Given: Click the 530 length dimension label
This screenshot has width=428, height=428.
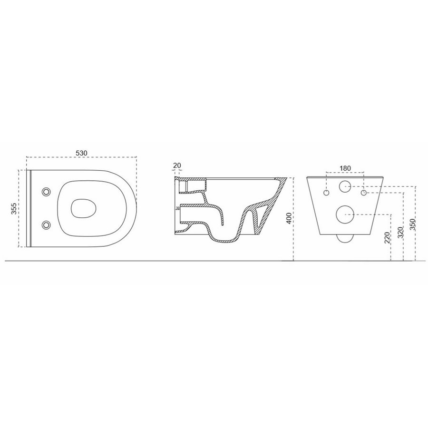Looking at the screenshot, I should [81, 153].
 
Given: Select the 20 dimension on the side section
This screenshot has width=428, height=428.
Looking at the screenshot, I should [177, 165].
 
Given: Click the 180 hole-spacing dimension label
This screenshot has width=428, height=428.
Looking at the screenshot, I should [345, 168].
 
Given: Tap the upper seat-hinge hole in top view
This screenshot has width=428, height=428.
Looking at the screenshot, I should [46, 192].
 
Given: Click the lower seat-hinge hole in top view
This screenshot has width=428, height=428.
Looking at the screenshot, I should [46, 224].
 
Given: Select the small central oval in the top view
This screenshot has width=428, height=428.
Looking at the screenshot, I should [83, 208].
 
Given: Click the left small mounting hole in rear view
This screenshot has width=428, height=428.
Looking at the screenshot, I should [327, 194].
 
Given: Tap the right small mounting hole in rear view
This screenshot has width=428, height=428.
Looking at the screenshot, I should [363, 194].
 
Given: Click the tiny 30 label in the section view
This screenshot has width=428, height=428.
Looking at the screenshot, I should [178, 208].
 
